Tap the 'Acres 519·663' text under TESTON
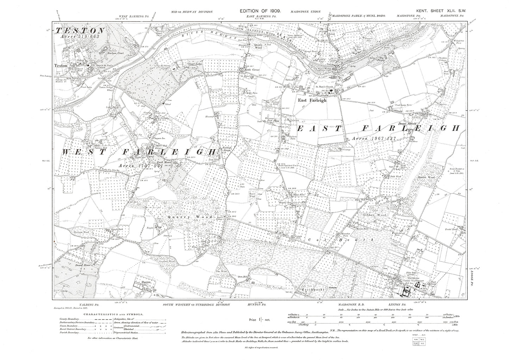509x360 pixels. pyautogui.click(x=75, y=36)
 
